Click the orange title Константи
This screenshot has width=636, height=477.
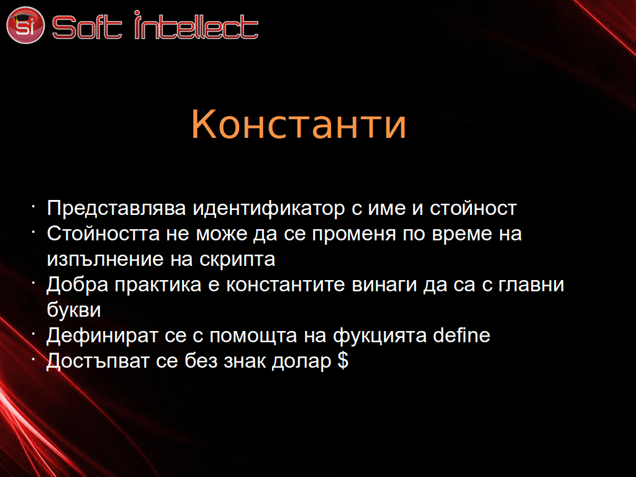[x=299, y=124]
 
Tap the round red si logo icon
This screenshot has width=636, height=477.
[x=25, y=25]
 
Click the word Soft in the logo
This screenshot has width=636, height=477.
[x=87, y=27]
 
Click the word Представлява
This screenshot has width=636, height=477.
[x=116, y=209]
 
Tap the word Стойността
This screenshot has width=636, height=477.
[x=103, y=234]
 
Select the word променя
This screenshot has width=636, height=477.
[x=353, y=234]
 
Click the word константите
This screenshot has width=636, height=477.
[x=286, y=284]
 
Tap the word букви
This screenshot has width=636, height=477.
[x=74, y=310]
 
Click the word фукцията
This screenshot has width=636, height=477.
[x=380, y=336]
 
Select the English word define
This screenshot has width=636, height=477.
[x=461, y=335]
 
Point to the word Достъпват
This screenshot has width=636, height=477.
[x=98, y=361]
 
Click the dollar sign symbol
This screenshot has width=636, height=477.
[x=343, y=360]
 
